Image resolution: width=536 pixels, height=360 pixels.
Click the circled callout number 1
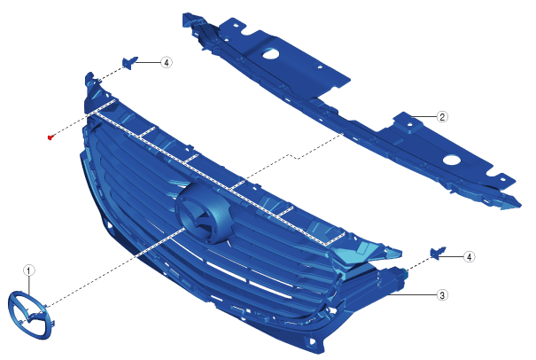pos(28,270)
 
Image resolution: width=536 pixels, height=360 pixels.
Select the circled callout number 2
pos(442,117)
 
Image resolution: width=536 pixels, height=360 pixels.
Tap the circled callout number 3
pos(442,295)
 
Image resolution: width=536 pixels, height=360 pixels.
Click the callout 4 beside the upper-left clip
pos(167,63)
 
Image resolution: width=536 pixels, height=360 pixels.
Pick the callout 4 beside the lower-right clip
pos(469,256)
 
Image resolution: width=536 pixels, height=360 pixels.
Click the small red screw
pos(50,137)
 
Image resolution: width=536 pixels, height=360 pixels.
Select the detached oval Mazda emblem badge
pos(30,315)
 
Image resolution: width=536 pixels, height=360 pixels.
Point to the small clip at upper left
pos(129,63)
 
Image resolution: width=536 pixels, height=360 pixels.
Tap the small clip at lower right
pos(438,254)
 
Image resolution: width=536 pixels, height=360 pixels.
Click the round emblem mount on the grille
pos(204,213)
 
